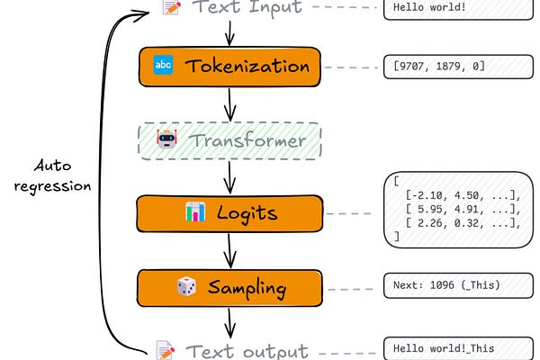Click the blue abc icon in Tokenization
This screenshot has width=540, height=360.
(x=163, y=65)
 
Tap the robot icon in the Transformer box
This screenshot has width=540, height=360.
(x=167, y=139)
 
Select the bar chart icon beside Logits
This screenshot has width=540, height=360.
(x=195, y=211)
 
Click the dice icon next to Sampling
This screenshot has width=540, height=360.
(x=186, y=286)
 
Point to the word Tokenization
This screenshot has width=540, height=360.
(x=247, y=66)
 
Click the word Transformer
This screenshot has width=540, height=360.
(x=247, y=140)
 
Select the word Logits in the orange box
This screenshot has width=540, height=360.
(x=247, y=213)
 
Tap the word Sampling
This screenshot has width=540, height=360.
(x=247, y=288)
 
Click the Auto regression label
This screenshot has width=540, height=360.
(x=53, y=176)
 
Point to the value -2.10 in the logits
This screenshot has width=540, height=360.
(x=427, y=195)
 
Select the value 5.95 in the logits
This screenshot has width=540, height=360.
(x=430, y=209)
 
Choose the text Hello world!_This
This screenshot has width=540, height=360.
(x=444, y=348)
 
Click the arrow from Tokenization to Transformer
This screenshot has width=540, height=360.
(x=229, y=104)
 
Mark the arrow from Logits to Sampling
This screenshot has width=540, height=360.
(x=229, y=250)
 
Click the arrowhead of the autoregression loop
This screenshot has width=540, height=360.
(x=141, y=14)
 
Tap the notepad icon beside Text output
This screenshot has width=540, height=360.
(x=166, y=350)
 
